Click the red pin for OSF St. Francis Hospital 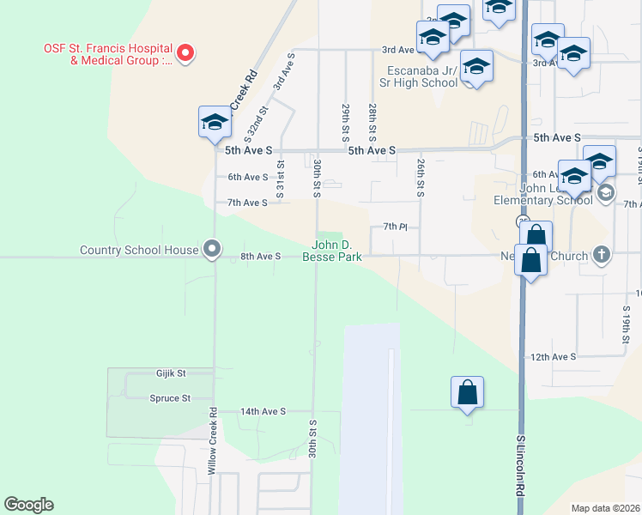185,53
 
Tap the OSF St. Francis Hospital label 108,54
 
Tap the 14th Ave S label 263,412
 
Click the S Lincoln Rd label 520,468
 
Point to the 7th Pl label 394,227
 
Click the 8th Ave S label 261,256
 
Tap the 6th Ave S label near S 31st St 248,177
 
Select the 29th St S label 346,123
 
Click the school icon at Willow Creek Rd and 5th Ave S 215,122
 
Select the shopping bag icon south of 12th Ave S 467,392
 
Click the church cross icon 602,254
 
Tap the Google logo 28,505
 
